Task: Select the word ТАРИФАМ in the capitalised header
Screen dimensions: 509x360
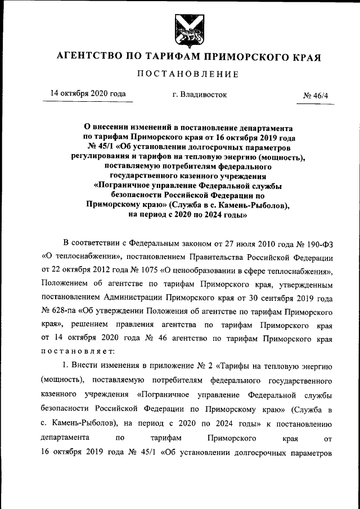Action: tap(176, 57)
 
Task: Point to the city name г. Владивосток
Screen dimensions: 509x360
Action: tap(200, 94)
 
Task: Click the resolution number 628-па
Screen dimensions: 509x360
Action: tap(58, 310)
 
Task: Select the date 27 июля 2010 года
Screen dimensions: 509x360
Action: tap(265, 243)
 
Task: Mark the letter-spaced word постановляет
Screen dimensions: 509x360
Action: tap(78, 351)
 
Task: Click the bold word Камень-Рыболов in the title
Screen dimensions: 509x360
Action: tap(253, 205)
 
